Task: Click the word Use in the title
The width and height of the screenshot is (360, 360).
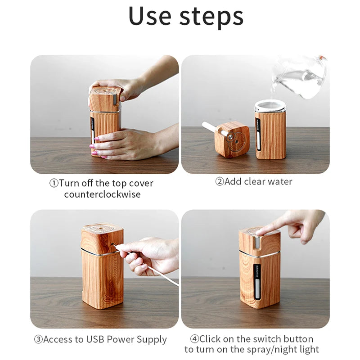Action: coord(150,16)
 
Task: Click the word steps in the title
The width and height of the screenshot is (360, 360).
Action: coord(211,18)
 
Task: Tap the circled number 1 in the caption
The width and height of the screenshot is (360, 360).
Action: coord(54,183)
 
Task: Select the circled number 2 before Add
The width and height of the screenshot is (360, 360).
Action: coord(220,181)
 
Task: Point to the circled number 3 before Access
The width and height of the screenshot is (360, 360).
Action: coord(39,339)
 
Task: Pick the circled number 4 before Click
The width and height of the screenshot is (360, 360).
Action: coord(194,339)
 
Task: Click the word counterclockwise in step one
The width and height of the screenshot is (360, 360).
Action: coord(103,194)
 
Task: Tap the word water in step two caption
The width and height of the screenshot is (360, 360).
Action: coord(280,182)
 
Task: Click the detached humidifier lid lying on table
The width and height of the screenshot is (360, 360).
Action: coord(231,139)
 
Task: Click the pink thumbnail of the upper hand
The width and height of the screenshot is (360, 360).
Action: coord(122,98)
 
